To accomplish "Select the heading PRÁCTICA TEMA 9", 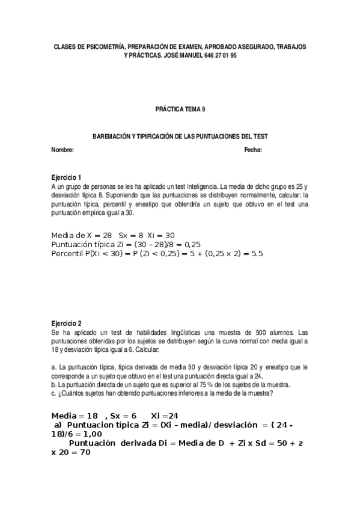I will [x=180, y=110].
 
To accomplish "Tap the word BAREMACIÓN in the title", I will [x=111, y=137].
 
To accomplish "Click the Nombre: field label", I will [x=63, y=150].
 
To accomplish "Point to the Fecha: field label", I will [x=252, y=150].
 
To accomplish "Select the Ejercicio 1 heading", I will [x=66, y=178].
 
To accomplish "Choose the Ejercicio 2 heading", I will [x=66, y=323].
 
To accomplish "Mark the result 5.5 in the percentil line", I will [x=257, y=254].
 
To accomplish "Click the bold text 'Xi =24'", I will [x=164, y=416].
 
